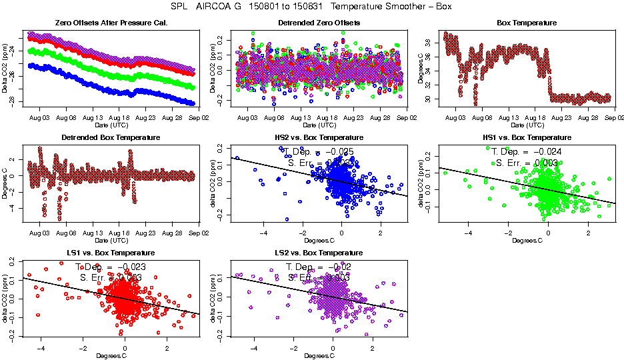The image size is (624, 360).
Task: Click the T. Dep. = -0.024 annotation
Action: coord(527,151)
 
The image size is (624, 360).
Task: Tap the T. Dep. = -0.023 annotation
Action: coord(111,266)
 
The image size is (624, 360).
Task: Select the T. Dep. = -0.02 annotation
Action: coord(319,266)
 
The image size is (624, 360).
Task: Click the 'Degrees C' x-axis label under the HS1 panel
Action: coord(527,240)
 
